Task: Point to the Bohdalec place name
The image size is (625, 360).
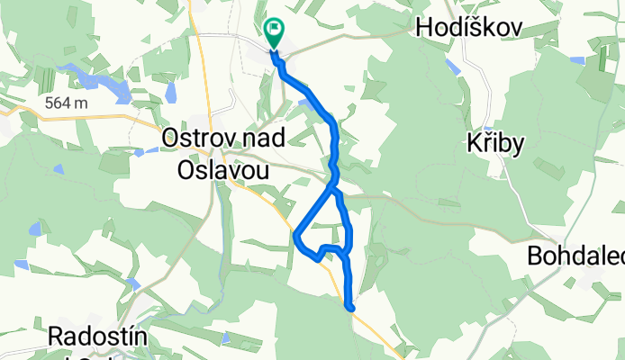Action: pos(575,259)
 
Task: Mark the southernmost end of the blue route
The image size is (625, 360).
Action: pos(351,309)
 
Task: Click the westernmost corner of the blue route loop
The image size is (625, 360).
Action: pos(295,235)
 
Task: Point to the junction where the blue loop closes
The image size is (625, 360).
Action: pos(334,188)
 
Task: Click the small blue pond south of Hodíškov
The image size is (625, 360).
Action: pos(450,64)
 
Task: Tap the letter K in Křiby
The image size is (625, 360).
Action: pos(475,147)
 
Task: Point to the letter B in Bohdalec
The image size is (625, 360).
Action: pos(534,259)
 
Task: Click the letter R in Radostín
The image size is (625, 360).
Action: pos(53,337)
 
